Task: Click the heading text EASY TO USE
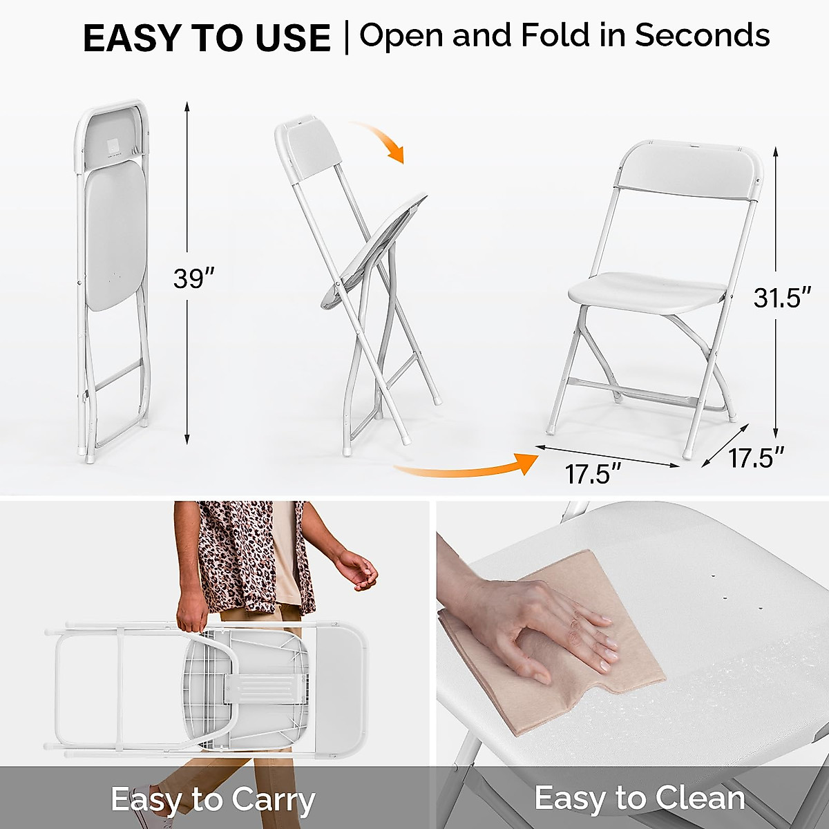[207, 38]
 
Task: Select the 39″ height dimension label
[193, 278]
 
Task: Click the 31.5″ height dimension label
[781, 298]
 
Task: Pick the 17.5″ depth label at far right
[756, 457]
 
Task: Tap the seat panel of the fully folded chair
[115, 235]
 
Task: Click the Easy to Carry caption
[213, 800]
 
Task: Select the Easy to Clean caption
[640, 798]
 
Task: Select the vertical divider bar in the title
[346, 38]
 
